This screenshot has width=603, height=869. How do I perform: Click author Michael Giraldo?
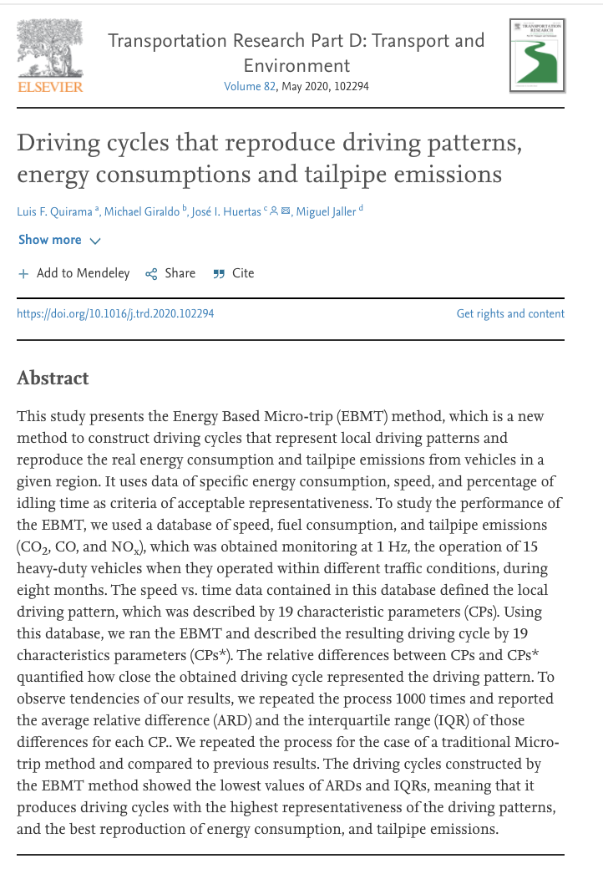click(x=142, y=211)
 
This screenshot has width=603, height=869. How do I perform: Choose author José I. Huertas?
click(x=225, y=211)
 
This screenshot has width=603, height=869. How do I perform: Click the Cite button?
click(x=234, y=273)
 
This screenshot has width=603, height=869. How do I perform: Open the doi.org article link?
click(x=115, y=314)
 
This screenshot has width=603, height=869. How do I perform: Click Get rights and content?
click(x=510, y=314)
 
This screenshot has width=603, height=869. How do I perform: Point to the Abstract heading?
click(x=53, y=378)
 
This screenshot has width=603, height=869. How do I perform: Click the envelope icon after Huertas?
click(x=286, y=211)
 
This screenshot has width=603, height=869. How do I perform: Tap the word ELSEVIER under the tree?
click(x=50, y=86)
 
